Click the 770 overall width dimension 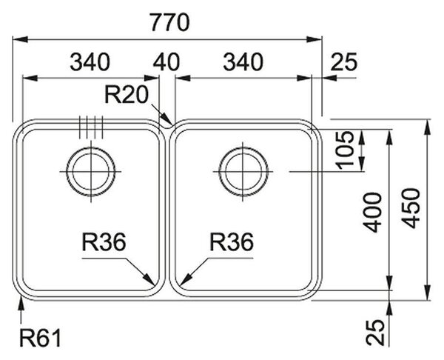169,23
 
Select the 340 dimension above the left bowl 90,62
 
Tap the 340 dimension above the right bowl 243,62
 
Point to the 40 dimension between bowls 166,62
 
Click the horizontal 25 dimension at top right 344,62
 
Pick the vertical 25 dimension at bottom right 375,333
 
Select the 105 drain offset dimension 345,150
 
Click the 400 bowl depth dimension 373,213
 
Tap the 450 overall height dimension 411,208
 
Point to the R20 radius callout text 127,95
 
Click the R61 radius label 40,339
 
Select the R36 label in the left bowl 104,242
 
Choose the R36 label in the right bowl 232,242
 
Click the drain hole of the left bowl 90,172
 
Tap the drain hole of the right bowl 243,172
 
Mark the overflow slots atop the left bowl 91,127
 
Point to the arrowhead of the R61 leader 21,301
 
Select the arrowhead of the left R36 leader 150,280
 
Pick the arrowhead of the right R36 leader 185,280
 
